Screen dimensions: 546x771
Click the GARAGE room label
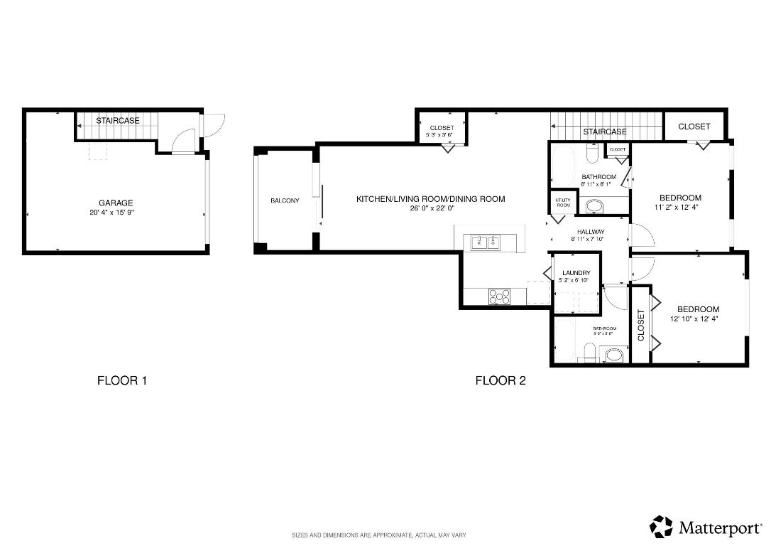[x=116, y=203]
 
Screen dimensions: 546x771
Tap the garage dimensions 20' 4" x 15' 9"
[x=116, y=212]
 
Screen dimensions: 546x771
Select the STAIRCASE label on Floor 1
[x=118, y=121]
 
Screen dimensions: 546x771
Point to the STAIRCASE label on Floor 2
[x=605, y=132]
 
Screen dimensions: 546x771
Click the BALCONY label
[x=285, y=200]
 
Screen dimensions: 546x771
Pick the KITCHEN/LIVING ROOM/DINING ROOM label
[x=430, y=199]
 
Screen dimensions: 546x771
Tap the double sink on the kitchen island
[x=485, y=243]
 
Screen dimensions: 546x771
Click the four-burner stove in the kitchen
[x=499, y=296]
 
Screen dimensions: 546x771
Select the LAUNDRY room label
[x=576, y=273]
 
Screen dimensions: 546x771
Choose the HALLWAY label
[x=590, y=232]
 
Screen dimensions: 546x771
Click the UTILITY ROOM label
[x=562, y=203]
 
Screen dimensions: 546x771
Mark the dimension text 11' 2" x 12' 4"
[x=679, y=208]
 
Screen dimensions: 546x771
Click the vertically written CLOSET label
[x=641, y=325]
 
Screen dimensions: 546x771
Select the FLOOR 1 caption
[x=121, y=380]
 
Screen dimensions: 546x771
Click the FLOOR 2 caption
[x=500, y=380]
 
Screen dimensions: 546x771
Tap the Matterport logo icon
[x=661, y=527]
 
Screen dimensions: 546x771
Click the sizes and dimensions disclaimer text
[x=379, y=535]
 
